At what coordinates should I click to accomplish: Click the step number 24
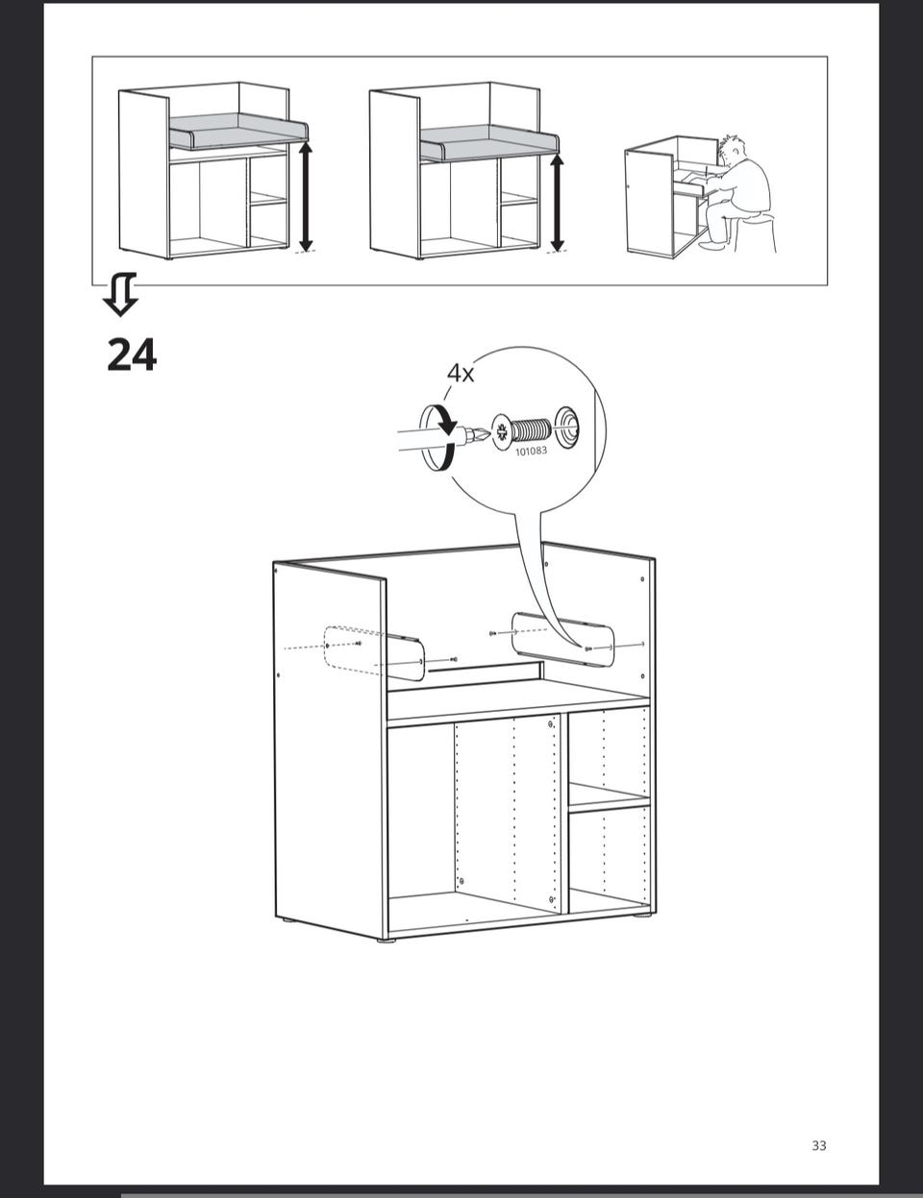[x=132, y=355]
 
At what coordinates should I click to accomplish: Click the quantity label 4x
[x=461, y=374]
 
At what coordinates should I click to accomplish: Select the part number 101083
[x=532, y=451]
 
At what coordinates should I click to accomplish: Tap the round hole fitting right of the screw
[x=567, y=425]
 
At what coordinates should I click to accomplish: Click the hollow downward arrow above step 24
[x=120, y=294]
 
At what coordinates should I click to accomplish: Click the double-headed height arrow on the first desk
[x=306, y=196]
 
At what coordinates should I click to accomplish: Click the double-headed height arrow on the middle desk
[x=558, y=203]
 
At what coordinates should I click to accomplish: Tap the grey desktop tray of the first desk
[x=237, y=133]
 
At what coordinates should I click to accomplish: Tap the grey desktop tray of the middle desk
[x=488, y=143]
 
